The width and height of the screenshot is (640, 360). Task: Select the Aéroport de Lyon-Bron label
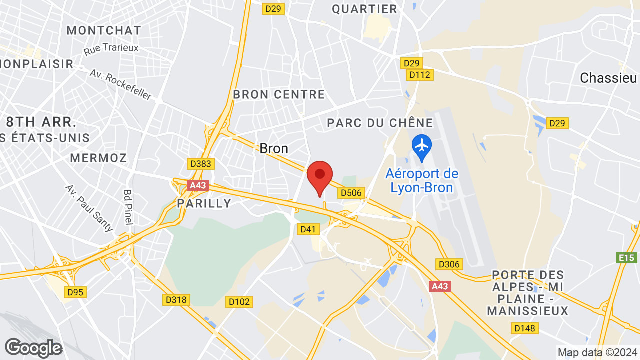422,181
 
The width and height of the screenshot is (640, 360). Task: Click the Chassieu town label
608,78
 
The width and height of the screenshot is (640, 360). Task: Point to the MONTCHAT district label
104,30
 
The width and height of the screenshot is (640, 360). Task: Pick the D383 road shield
201,164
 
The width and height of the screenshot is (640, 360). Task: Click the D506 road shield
352,193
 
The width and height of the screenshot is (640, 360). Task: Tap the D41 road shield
308,229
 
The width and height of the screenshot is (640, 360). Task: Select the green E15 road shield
626,258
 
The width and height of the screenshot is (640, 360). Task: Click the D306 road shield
450,264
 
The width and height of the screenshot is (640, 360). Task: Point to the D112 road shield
420,75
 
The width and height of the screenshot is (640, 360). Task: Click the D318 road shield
176,300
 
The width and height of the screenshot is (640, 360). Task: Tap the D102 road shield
239,301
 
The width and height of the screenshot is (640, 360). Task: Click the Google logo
33,348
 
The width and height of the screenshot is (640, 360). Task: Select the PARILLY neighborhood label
204,203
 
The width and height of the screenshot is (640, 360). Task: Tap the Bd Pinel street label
128,206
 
